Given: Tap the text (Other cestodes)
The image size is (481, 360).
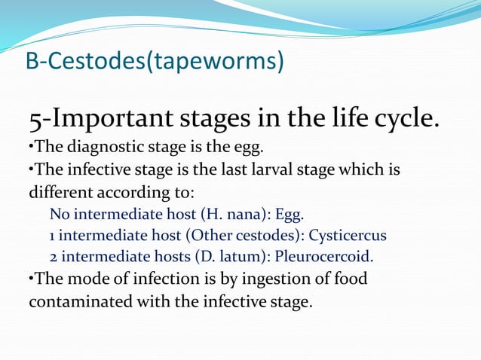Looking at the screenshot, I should coord(246,235).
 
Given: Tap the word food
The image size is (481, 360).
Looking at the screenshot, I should coord(350,279).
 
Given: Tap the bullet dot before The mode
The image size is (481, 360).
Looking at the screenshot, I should coord(31,279).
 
